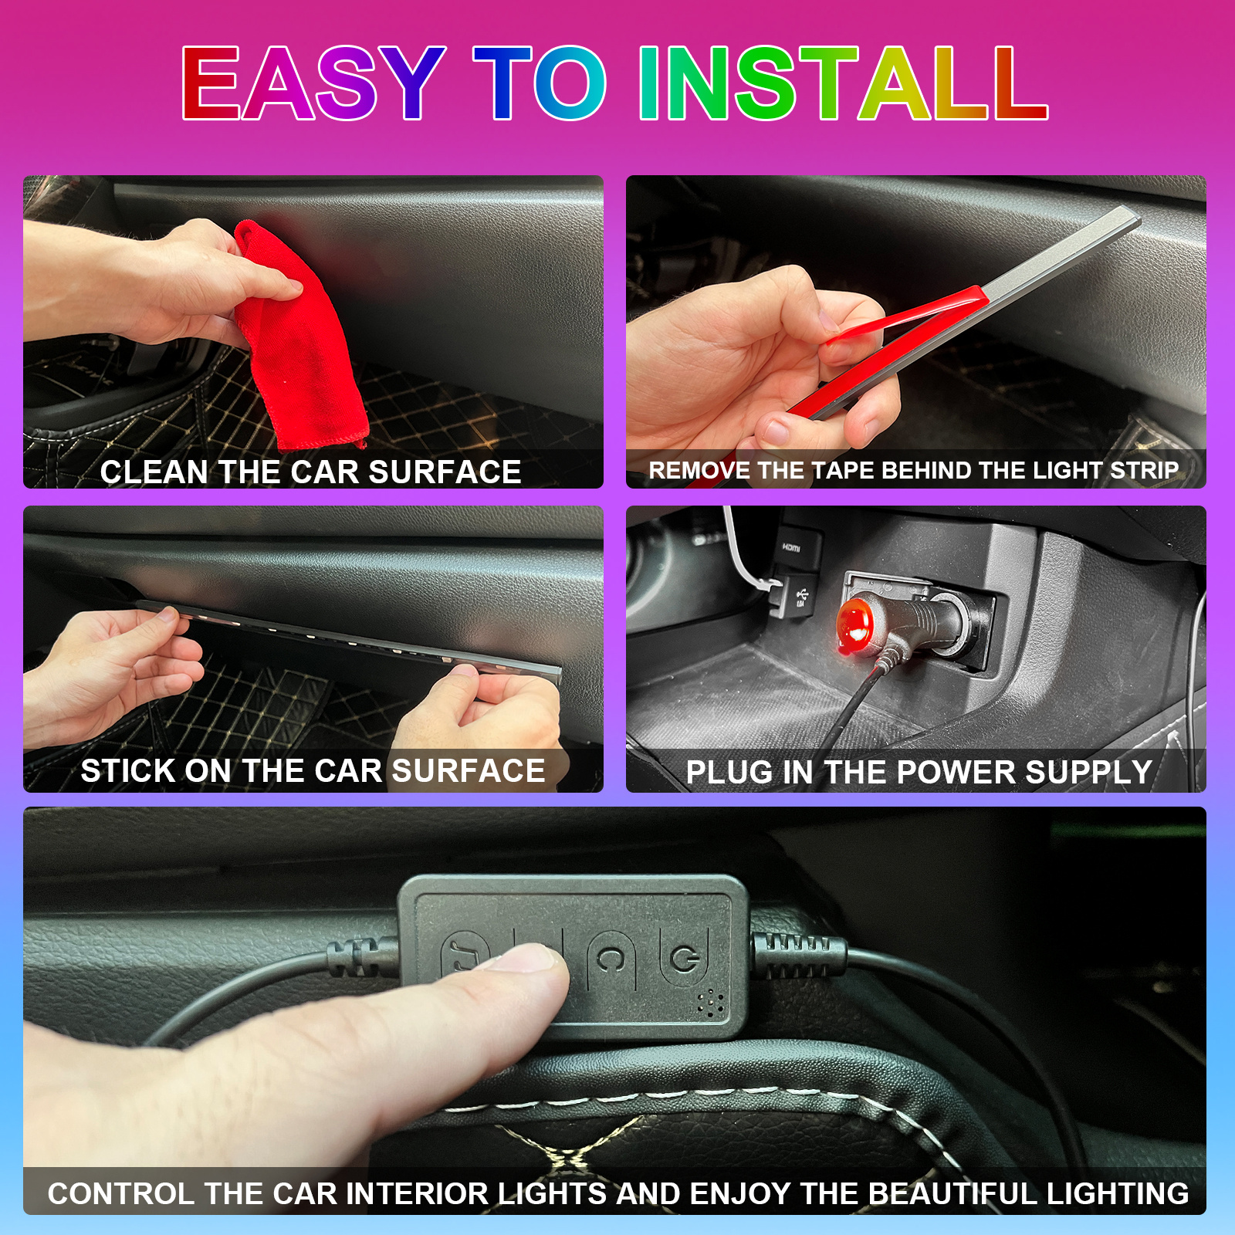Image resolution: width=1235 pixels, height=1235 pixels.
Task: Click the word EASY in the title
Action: (313, 83)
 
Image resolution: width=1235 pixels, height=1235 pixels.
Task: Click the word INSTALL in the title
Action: (843, 83)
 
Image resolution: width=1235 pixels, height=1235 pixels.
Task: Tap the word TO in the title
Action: (540, 83)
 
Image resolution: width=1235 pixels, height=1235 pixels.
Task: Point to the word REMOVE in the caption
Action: (699, 470)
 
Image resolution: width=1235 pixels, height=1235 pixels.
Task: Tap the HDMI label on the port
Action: (791, 547)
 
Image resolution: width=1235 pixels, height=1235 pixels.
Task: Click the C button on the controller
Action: (611, 959)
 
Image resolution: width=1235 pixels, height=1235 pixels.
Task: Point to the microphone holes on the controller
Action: (711, 1003)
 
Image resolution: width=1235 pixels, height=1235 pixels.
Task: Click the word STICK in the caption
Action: (128, 771)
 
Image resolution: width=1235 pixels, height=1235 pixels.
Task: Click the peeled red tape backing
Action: (903, 316)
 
